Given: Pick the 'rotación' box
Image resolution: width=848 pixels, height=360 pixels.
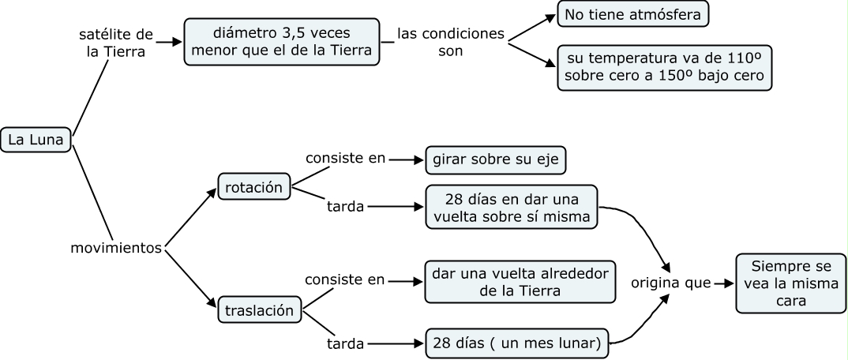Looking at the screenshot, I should [x=253, y=189].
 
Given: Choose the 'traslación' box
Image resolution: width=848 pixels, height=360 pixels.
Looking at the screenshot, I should [x=260, y=309].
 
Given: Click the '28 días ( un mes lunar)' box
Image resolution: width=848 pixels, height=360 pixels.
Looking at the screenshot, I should [x=517, y=343].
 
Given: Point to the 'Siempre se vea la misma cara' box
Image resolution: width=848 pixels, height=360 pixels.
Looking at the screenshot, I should [x=786, y=283].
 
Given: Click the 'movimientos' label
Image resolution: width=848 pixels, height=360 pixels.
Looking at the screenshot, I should [x=116, y=248].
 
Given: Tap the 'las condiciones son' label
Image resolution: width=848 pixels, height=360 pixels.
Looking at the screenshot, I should [x=450, y=42].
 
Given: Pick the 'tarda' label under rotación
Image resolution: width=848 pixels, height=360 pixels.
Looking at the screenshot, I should [x=345, y=208].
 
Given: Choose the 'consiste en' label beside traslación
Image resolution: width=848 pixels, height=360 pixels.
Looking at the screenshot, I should [x=346, y=280].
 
